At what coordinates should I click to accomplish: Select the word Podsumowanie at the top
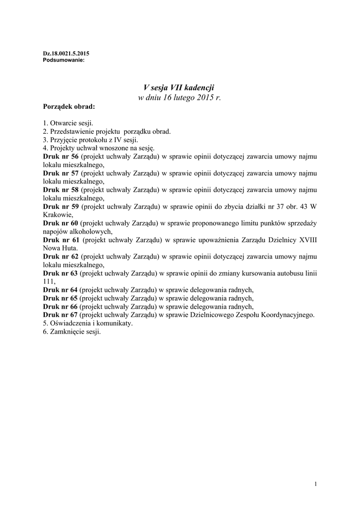61,60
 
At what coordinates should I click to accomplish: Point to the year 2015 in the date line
200,97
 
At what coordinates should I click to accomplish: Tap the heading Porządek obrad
69,106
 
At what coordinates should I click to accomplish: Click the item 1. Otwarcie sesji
68,123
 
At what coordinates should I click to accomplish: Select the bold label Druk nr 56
61,157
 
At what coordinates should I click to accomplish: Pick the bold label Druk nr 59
61,207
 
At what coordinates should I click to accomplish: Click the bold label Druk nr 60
61,224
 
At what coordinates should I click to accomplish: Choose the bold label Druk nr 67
61,315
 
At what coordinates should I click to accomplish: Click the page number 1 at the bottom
316,485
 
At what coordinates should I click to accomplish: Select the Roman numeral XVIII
308,240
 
